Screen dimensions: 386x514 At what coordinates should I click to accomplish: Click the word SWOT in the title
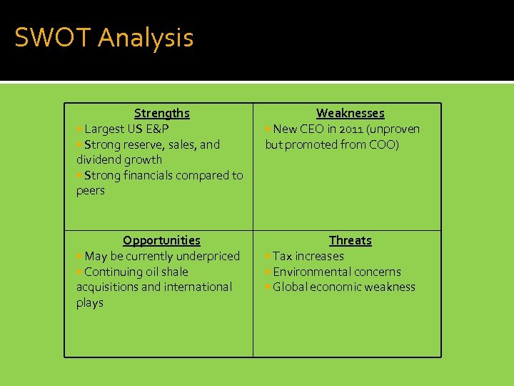pyautogui.click(x=54, y=38)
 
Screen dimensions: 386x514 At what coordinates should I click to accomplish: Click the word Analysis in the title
pyautogui.click(x=146, y=38)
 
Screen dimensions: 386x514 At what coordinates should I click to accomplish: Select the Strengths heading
pyautogui.click(x=162, y=113)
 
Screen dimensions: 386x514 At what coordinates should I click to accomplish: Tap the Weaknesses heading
pyautogui.click(x=350, y=113)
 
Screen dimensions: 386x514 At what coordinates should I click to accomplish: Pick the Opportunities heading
pyautogui.click(x=161, y=240)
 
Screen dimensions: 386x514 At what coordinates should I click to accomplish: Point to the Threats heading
pyautogui.click(x=350, y=240)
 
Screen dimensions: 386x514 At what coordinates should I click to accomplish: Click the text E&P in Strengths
pyautogui.click(x=157, y=129)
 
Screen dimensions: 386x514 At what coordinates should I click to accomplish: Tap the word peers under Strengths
pyautogui.click(x=91, y=190)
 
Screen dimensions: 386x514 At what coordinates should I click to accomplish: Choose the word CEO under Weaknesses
pyautogui.click(x=311, y=129)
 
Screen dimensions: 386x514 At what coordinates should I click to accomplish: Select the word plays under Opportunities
pyautogui.click(x=90, y=302)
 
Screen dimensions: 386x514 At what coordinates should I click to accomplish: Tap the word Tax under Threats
pyautogui.click(x=283, y=256)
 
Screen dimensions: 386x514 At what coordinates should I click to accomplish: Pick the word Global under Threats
pyautogui.click(x=290, y=287)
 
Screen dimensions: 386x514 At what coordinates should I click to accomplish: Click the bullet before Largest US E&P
pyautogui.click(x=79, y=129)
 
